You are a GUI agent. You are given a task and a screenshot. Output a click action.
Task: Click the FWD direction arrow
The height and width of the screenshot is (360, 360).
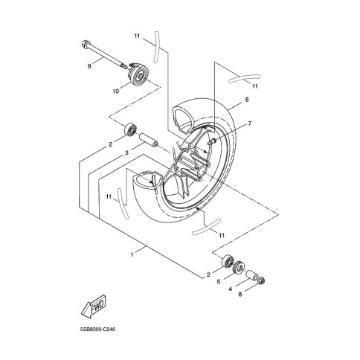coord(94,307)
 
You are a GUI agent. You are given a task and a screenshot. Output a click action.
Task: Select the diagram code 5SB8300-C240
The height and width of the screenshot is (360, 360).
coord(98,330)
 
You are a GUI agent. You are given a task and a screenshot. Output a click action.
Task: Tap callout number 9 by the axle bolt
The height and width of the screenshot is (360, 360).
coord(89,66)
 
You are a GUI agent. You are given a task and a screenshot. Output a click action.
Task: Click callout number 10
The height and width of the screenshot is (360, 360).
coord(115,91)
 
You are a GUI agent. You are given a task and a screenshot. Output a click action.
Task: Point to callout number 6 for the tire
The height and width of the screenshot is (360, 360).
coord(246,100)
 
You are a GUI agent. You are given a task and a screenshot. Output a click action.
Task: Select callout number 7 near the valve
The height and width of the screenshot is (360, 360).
coord(250,123)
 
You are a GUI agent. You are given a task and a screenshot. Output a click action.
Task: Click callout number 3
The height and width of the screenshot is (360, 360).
coord(126,153)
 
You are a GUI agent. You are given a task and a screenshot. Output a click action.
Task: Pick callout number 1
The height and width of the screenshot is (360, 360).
coord(132,254)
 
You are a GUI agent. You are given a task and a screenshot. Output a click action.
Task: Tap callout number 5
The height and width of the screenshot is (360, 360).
coord(219,282)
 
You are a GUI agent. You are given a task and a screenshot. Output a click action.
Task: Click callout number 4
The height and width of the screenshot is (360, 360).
coord(230,289)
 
